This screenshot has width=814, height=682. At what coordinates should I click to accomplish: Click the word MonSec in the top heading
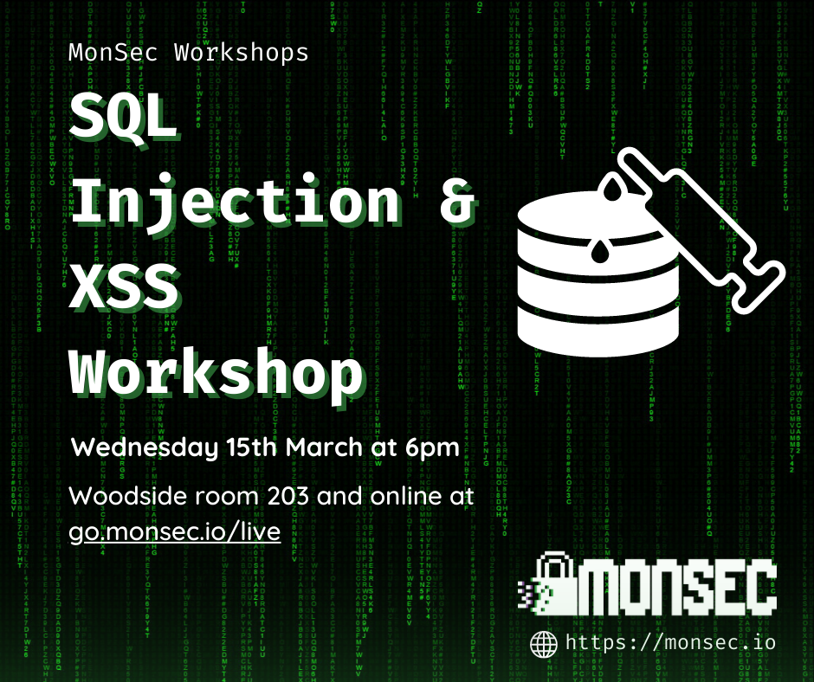tap(116, 52)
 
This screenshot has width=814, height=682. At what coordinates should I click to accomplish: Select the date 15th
tap(246, 448)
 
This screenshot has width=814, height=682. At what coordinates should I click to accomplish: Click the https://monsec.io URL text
tap(670, 642)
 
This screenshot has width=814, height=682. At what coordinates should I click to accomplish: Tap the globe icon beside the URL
tap(544, 642)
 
